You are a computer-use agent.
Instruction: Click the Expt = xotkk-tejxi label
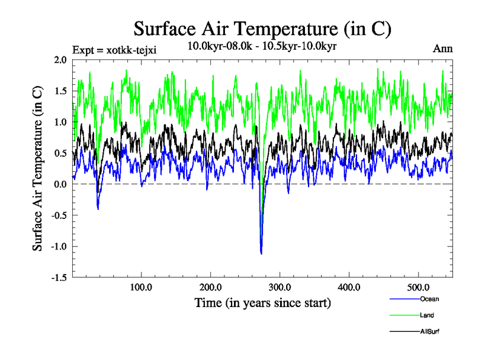(114, 50)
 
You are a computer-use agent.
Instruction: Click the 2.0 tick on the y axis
(59, 60)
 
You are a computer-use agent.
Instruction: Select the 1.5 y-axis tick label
(59, 91)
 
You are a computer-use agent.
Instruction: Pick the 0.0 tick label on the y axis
(59, 184)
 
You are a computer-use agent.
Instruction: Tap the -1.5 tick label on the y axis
(58, 277)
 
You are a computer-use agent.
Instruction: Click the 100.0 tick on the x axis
(141, 286)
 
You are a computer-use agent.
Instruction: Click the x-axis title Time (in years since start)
(263, 302)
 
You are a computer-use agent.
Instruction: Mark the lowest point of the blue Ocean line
(261, 254)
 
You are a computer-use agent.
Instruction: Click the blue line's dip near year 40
(98, 209)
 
